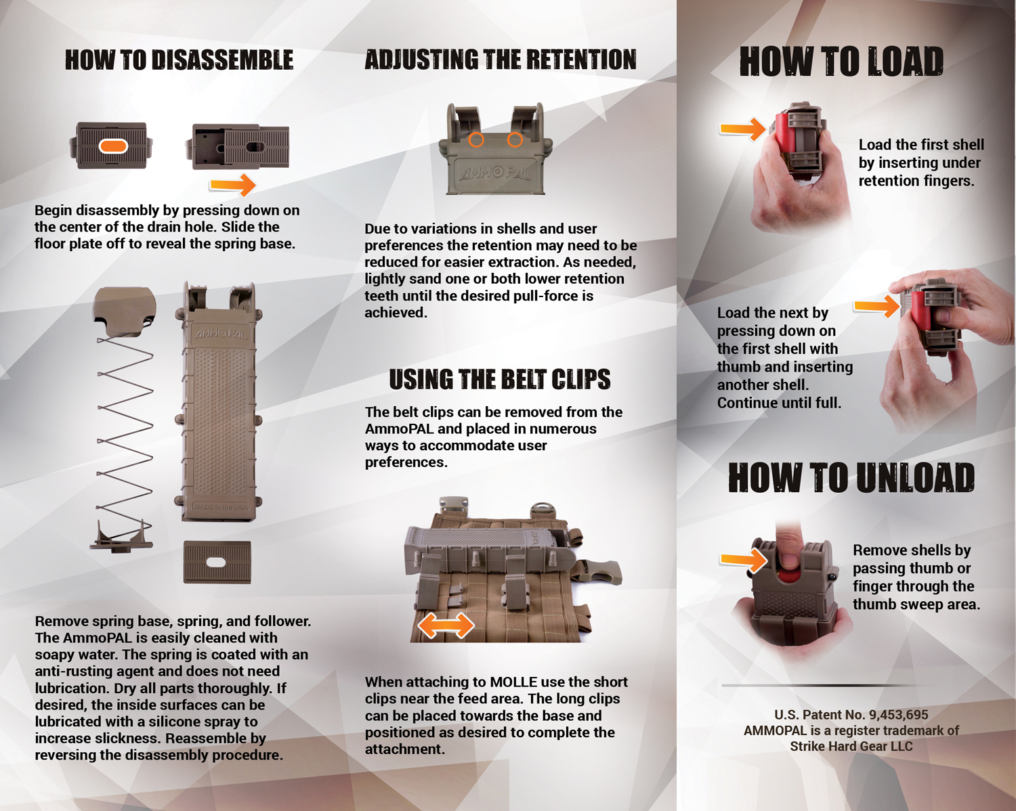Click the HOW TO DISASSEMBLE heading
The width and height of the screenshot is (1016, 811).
(179, 60)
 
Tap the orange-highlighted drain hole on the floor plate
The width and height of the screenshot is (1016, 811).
(113, 146)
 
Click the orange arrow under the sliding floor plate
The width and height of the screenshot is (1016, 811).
(232, 184)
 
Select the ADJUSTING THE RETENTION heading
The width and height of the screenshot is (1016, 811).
(501, 60)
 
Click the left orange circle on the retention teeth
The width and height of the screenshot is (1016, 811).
(476, 139)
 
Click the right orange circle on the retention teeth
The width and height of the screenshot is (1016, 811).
(515, 139)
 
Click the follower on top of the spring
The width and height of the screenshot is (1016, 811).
(125, 311)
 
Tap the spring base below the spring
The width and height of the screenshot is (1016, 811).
(121, 538)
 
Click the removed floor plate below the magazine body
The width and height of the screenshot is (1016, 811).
(217, 562)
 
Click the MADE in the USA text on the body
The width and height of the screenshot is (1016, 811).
(220, 506)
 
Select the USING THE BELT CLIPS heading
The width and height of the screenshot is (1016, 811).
(499, 379)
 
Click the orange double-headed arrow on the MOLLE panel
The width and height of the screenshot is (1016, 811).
(446, 626)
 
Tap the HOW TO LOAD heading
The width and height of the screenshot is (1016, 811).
(841, 62)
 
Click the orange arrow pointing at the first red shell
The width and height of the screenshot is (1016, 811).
(742, 129)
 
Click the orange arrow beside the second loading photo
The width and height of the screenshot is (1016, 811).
(876, 306)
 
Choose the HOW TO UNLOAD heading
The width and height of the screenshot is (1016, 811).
(851, 477)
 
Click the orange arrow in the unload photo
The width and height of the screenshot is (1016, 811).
(744, 560)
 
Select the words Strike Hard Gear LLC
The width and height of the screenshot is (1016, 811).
(851, 747)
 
